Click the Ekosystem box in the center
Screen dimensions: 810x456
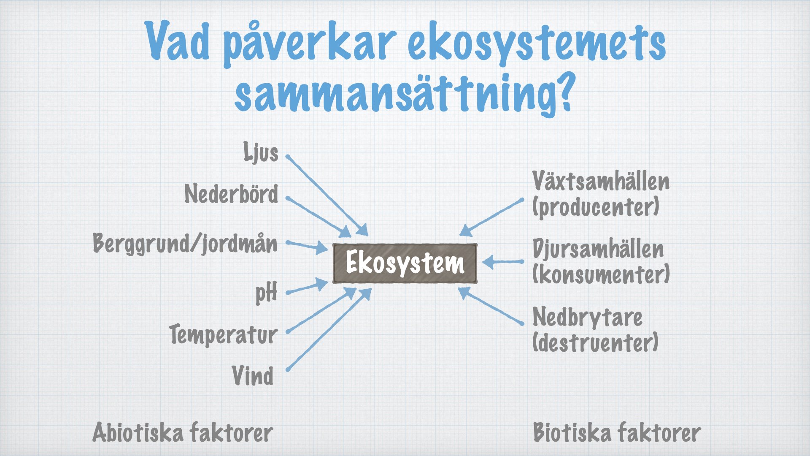(x=405, y=263)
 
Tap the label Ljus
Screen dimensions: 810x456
(x=261, y=152)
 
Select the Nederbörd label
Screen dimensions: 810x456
(x=231, y=194)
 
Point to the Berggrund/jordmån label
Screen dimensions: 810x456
(x=185, y=244)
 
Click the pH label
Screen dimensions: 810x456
(x=267, y=293)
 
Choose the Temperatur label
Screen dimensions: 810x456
(x=223, y=335)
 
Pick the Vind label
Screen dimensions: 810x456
(x=253, y=375)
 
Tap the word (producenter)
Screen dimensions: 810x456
(x=596, y=207)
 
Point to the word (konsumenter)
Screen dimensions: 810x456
(x=601, y=274)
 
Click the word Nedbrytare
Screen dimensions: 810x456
(x=587, y=318)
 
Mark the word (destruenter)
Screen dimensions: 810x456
(x=595, y=342)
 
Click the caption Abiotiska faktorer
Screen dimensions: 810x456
(x=183, y=432)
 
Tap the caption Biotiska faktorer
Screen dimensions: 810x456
(x=617, y=432)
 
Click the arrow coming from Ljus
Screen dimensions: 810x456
(x=327, y=195)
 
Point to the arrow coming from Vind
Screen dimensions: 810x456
(x=329, y=329)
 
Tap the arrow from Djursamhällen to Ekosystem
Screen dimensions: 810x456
(x=503, y=262)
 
